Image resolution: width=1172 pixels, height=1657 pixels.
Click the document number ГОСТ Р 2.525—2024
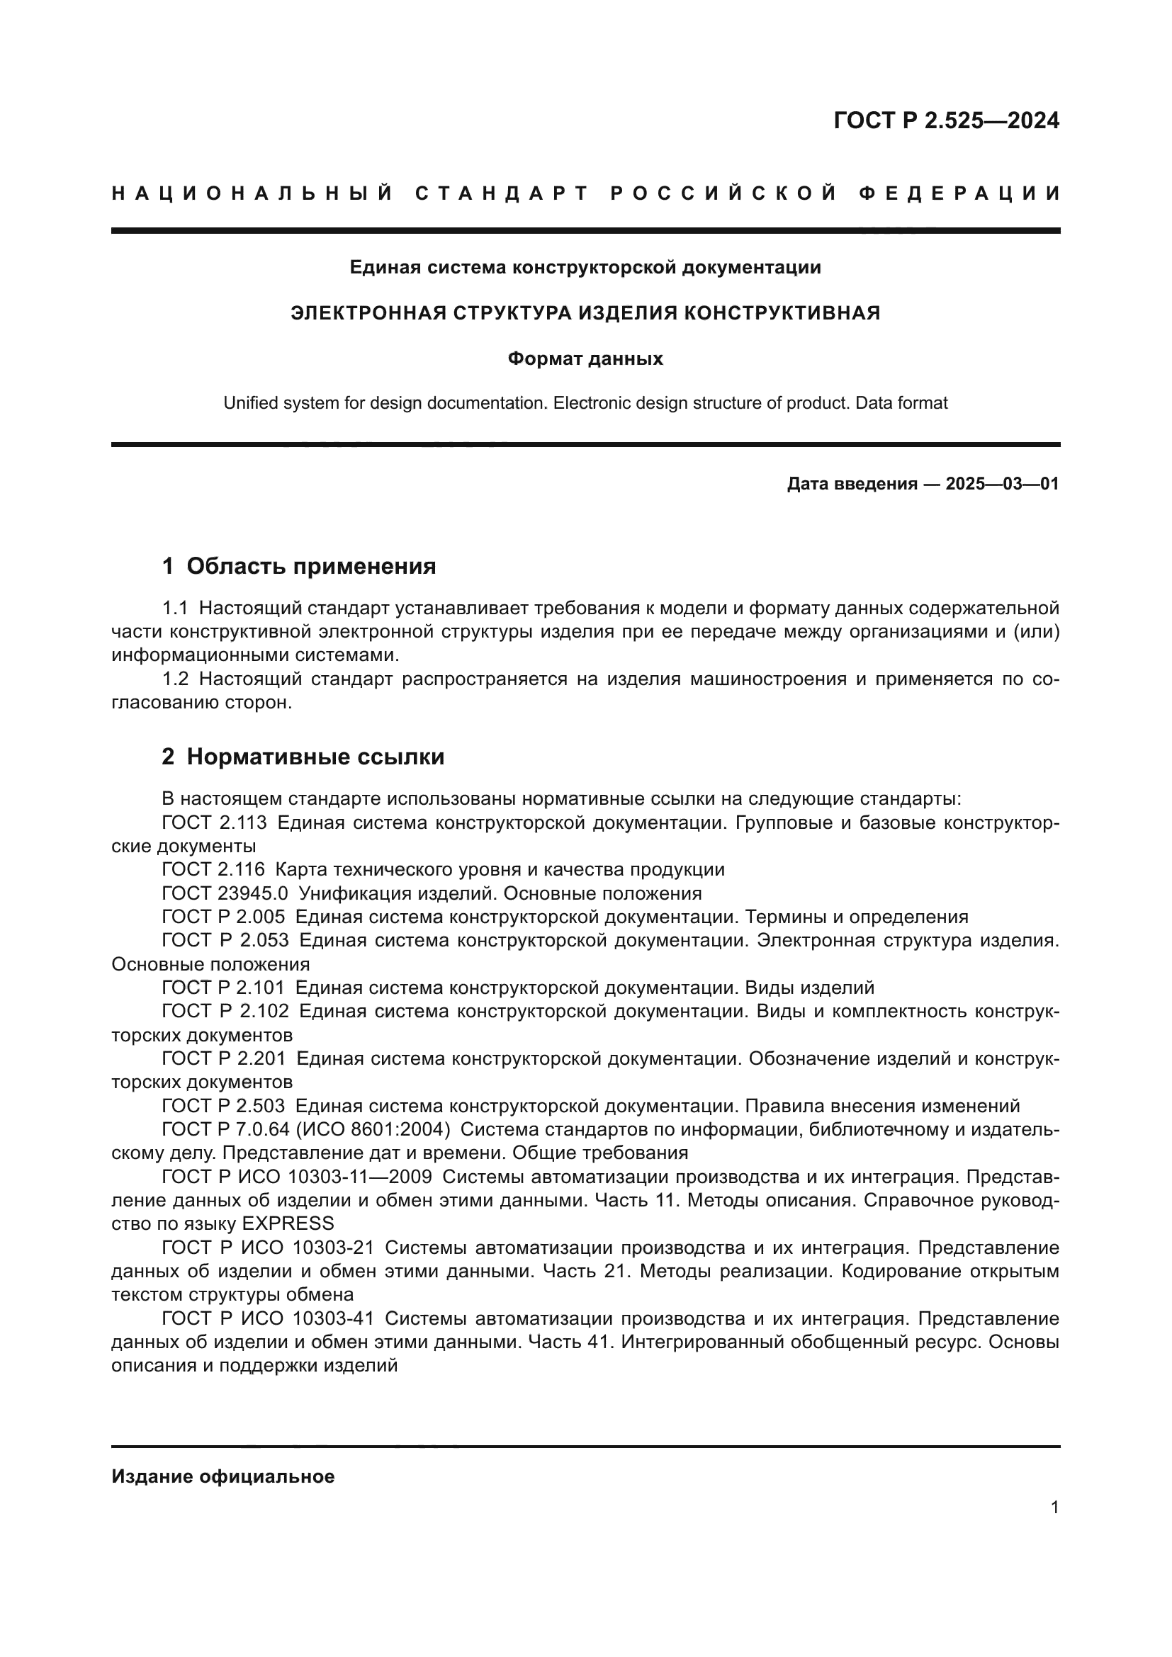pos(946,120)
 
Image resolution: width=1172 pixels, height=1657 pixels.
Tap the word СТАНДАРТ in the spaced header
pos(502,193)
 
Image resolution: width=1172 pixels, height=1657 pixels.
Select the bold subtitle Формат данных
pos(585,358)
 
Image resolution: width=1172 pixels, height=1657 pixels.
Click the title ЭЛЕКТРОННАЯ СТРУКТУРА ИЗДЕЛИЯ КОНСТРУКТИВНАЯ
pos(585,312)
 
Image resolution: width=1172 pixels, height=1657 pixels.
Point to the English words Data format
pos(901,402)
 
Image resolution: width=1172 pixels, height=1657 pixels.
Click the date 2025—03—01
pos(1002,484)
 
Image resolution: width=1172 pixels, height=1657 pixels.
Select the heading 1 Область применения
pos(299,566)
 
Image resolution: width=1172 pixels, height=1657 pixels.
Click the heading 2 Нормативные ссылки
pos(303,757)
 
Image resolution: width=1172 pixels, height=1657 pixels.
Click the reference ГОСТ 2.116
pos(213,869)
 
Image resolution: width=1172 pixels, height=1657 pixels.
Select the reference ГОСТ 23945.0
pos(225,893)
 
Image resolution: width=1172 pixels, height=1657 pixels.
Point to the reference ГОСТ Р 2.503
pos(224,1106)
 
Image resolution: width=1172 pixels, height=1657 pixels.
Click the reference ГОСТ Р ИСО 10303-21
pos(268,1247)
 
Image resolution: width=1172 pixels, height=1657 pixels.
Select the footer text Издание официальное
pos(223,1476)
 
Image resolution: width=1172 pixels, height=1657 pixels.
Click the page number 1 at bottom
pos(1054,1507)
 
